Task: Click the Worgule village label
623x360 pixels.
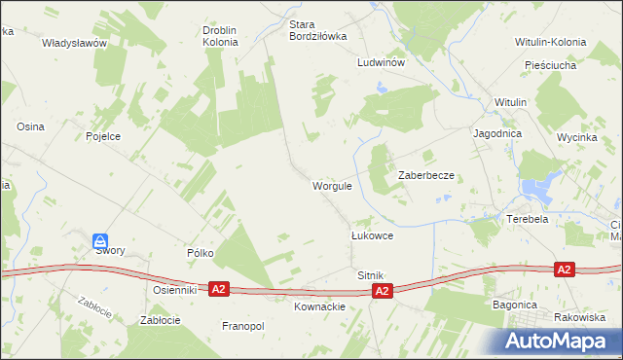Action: [332, 186]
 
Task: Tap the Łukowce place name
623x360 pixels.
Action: [372, 235]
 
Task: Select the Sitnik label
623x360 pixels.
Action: [372, 276]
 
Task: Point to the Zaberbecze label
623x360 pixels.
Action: [426, 175]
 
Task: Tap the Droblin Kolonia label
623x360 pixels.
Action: [220, 36]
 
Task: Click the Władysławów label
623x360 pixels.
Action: [74, 44]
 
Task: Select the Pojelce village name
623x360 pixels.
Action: [103, 136]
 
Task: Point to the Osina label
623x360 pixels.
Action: [31, 126]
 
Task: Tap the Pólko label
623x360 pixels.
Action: [201, 252]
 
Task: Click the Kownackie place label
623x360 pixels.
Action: [319, 306]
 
